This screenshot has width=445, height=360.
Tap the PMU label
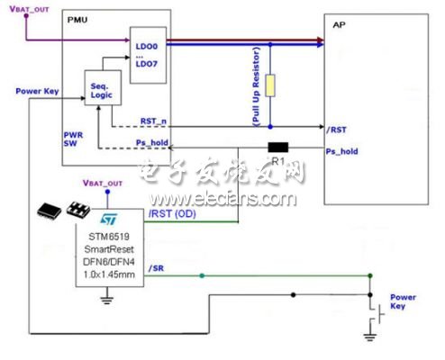click(78, 18)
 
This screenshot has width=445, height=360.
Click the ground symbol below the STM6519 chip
click(110, 298)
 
